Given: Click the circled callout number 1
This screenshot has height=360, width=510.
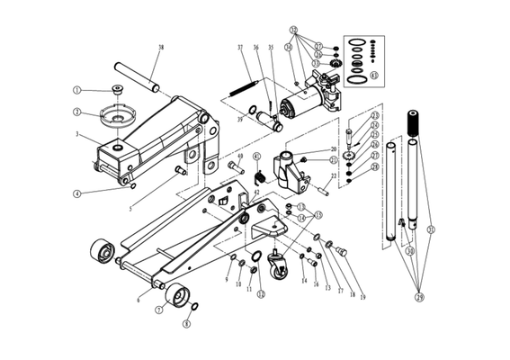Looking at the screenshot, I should [x=77, y=90].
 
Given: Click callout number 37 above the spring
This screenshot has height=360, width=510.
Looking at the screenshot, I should [x=240, y=48].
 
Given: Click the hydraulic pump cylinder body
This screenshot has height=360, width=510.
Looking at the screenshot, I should [x=301, y=98].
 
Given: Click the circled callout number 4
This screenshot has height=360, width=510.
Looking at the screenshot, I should [x=78, y=193].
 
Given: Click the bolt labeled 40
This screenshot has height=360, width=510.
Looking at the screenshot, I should [x=237, y=167].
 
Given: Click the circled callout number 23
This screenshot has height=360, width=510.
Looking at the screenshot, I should [x=375, y=115].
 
